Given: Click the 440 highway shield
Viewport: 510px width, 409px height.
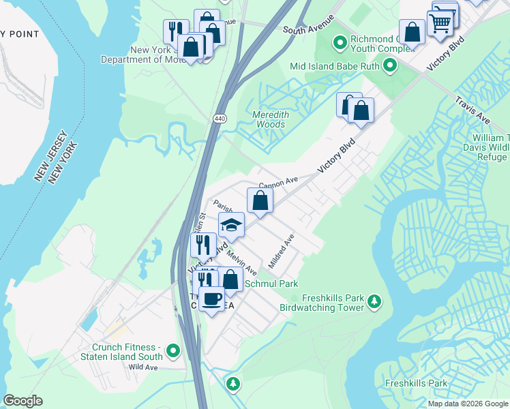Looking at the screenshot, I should [x=219, y=119].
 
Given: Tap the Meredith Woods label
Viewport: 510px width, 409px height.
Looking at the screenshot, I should [x=270, y=120].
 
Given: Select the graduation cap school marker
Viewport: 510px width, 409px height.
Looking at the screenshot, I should [x=231, y=225].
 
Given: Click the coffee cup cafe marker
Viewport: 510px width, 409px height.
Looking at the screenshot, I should [x=211, y=299].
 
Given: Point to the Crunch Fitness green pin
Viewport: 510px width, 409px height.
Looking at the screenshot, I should [x=173, y=351].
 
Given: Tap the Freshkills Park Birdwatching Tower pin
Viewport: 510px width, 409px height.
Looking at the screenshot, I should [x=374, y=301].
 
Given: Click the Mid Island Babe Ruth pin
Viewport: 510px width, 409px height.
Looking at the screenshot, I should [x=390, y=66].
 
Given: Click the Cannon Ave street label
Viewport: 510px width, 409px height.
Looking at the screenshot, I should [x=278, y=183].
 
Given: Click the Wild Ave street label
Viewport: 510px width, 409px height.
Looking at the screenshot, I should [x=143, y=367].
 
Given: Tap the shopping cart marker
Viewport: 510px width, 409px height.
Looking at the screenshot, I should [x=440, y=22].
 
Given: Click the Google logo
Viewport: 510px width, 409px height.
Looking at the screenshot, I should [x=22, y=401].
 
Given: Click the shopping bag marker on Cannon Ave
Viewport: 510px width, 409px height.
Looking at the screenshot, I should [x=260, y=200].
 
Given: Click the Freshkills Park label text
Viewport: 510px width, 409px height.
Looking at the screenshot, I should [x=416, y=383].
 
